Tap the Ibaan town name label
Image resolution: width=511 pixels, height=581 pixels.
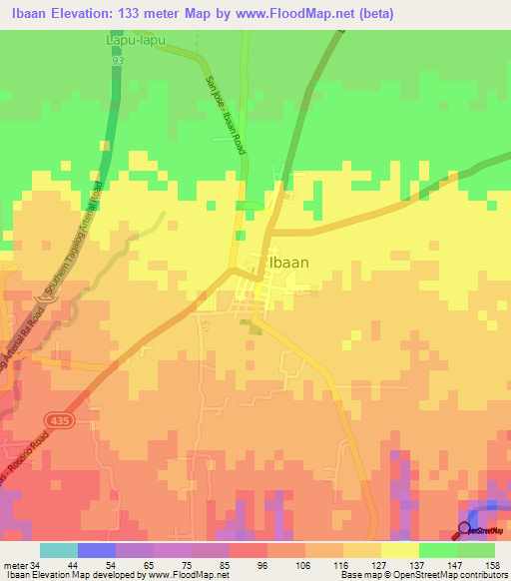tap(289, 263)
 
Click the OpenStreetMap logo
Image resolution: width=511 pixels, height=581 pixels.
tap(483, 530)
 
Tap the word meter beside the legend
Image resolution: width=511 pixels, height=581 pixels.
tap(13, 565)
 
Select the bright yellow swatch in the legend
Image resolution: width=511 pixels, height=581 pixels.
tap(400, 550)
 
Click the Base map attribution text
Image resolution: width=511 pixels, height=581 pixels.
tap(423, 575)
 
